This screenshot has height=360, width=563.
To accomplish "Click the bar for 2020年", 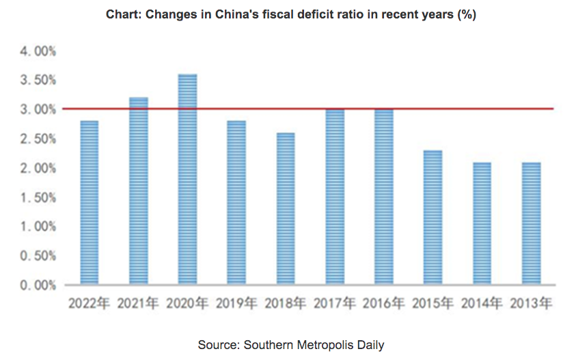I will (x=187, y=179).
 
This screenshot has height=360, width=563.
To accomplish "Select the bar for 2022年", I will (x=90, y=202).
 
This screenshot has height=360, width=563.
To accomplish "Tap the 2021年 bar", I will (x=139, y=191).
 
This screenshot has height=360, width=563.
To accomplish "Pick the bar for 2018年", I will (x=286, y=208).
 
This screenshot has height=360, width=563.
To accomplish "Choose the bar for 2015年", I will (x=432, y=217).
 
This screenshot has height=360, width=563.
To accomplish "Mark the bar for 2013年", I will (x=531, y=223).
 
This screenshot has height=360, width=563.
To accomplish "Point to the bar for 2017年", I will (x=335, y=197).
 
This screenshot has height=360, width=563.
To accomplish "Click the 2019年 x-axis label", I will (x=236, y=303).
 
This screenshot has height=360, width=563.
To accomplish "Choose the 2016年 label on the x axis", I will (x=384, y=303).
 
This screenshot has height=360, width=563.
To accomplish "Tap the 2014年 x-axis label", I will (x=482, y=303).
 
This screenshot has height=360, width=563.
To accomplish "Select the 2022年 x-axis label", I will (x=90, y=303).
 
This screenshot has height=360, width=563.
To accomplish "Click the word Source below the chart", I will (x=215, y=344).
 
